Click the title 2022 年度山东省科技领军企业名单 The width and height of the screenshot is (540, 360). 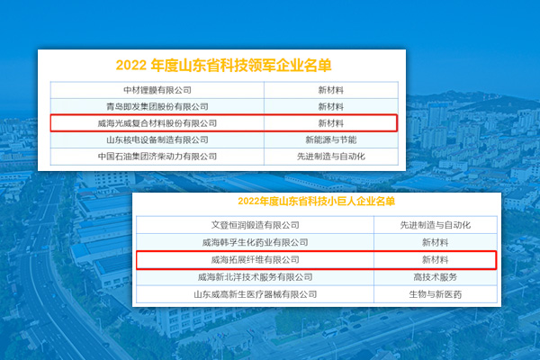click(x=223, y=65)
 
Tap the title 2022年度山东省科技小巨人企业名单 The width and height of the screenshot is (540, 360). click(x=316, y=202)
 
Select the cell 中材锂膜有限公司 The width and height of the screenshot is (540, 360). click(x=157, y=90)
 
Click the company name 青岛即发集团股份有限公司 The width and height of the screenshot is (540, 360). click(x=157, y=107)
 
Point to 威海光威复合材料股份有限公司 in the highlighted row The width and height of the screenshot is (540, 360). click(x=157, y=123)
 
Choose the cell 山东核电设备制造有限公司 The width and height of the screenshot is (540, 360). click(x=157, y=139)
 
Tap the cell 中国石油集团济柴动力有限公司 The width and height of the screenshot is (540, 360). click(x=157, y=157)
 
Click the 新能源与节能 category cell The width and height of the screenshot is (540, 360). click(x=331, y=139)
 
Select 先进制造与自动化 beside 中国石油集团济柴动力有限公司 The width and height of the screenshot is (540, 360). click(x=331, y=157)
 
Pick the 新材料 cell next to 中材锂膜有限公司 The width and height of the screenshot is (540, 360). click(x=331, y=90)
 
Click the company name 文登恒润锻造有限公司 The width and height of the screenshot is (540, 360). click(x=256, y=225)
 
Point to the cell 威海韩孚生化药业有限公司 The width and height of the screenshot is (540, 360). click(x=256, y=242)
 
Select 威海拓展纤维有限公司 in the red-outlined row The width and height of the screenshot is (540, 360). click(x=256, y=260)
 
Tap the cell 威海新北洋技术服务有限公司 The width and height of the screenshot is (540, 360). click(x=256, y=277)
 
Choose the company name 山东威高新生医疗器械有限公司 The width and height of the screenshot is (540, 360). click(x=256, y=294)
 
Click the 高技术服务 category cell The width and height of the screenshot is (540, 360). click(x=436, y=277)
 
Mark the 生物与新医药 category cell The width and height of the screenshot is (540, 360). click(x=436, y=294)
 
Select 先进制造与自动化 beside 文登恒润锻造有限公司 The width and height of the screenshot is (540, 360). click(x=436, y=225)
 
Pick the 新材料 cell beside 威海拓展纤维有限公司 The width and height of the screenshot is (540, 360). click(x=436, y=260)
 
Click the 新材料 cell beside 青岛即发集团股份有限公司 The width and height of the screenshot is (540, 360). click(x=331, y=107)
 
